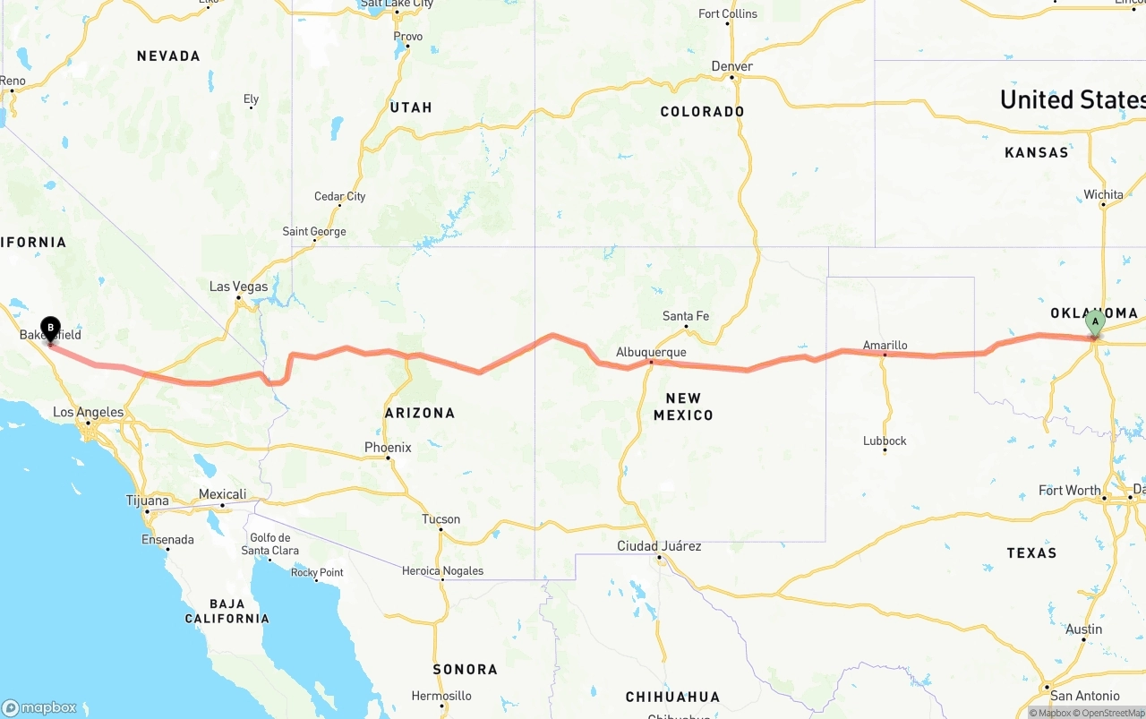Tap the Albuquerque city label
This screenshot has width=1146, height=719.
pyautogui.click(x=651, y=353)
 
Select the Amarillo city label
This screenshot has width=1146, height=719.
pyautogui.click(x=885, y=346)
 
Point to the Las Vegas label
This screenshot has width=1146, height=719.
pyautogui.click(x=238, y=287)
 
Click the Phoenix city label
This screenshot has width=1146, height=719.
pyautogui.click(x=388, y=448)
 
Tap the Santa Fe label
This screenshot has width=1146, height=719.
pyautogui.click(x=686, y=316)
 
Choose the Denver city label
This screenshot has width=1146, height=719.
pyautogui.click(x=731, y=66)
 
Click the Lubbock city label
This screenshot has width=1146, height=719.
pyautogui.click(x=885, y=441)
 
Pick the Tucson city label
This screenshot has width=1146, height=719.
pyautogui.click(x=440, y=519)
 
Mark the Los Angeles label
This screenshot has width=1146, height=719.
pyautogui.click(x=89, y=413)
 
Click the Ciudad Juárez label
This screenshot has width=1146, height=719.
pyautogui.click(x=659, y=546)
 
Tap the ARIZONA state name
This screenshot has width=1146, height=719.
pyautogui.click(x=420, y=413)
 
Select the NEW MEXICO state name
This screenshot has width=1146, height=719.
pyautogui.click(x=683, y=407)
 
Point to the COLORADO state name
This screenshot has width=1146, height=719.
pyautogui.click(x=702, y=112)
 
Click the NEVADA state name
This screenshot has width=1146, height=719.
pyautogui.click(x=168, y=56)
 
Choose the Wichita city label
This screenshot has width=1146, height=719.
pyautogui.click(x=1103, y=194)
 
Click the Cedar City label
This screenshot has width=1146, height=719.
pyautogui.click(x=339, y=197)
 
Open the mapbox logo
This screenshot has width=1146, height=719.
pyautogui.click(x=39, y=707)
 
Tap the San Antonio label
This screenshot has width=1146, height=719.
pyautogui.click(x=1085, y=696)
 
